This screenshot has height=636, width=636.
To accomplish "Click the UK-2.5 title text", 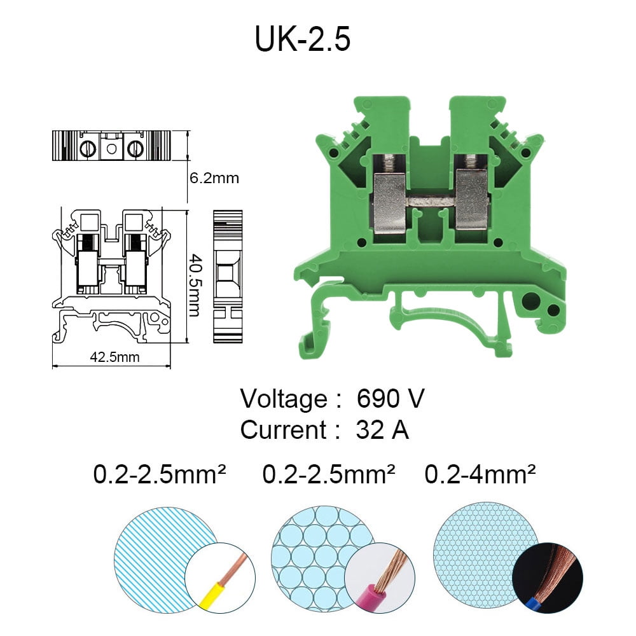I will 303,39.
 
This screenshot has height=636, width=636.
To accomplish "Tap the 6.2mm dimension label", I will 214,178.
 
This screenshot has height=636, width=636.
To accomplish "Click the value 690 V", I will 390,399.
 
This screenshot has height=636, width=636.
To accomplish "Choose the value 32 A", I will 382,430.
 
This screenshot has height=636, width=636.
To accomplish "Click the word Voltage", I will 283,399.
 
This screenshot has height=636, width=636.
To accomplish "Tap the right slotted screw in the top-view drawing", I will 135,149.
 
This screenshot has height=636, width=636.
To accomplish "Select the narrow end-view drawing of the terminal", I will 228,277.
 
